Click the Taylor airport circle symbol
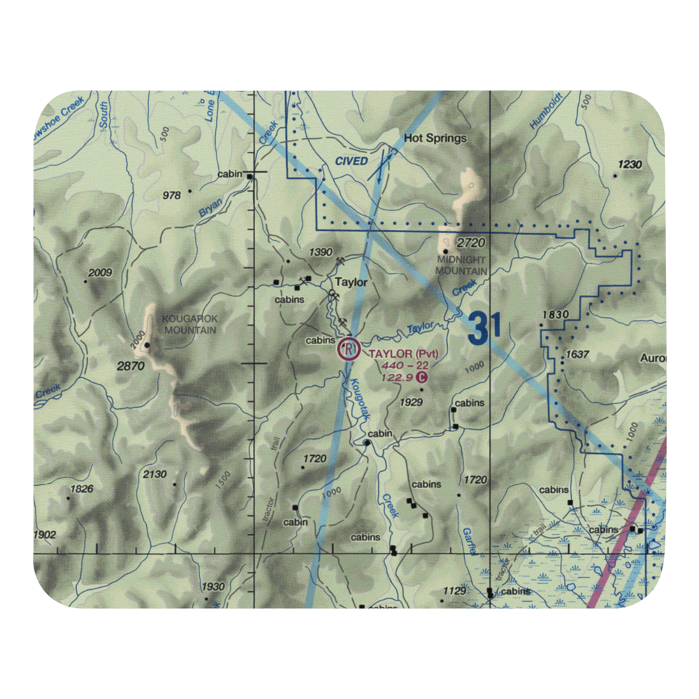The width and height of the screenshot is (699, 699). click(348, 348)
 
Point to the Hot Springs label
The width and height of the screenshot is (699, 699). click(435, 138)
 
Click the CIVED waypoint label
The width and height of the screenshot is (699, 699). click(351, 161)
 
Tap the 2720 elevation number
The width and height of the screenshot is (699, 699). click(470, 243)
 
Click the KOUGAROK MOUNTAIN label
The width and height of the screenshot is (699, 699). click(190, 324)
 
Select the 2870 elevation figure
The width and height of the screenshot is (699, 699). click(131, 366)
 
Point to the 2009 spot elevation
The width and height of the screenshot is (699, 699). click(99, 273)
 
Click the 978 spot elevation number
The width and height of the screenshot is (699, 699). click(171, 196)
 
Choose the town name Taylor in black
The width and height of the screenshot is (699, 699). click(350, 283)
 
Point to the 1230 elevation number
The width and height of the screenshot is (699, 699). click(629, 165)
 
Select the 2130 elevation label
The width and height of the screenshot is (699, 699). click(154, 475)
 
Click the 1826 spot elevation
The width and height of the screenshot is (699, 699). click(81, 489)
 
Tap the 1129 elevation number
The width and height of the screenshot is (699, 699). click(454, 591)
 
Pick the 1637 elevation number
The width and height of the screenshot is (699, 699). click(577, 354)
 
